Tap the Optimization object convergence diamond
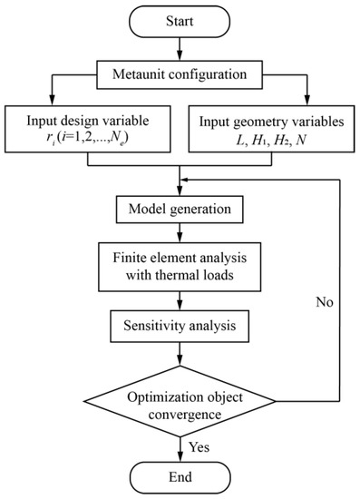click(x=179, y=399)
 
